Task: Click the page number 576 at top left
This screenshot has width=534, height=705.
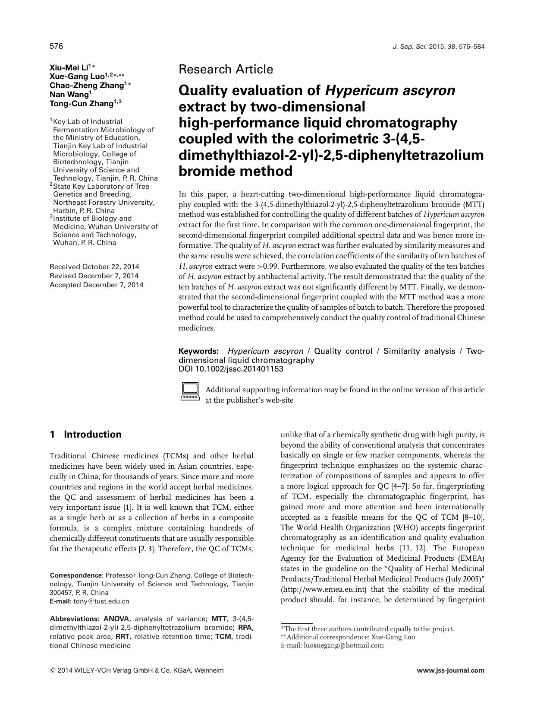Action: [56, 46]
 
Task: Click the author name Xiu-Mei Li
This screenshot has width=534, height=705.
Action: [69, 67]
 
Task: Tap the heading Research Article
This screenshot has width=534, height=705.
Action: [226, 69]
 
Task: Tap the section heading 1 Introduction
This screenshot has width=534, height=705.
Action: [86, 435]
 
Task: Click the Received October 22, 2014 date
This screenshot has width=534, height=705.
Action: [94, 267]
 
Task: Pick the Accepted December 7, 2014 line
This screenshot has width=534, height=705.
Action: [97, 285]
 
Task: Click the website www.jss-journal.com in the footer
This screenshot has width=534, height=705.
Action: [451, 670]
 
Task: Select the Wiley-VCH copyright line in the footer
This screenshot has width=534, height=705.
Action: [137, 670]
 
